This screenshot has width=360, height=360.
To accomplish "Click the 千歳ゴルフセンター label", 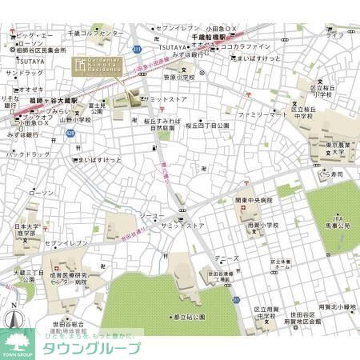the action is coord(96,34).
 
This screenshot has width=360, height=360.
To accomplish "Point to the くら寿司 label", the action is coord(328,173).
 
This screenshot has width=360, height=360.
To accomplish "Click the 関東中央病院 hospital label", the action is coord(254,200).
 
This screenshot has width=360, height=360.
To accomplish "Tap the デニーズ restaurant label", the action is coord(228,259).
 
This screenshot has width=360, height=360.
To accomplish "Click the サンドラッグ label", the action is coord(24,73).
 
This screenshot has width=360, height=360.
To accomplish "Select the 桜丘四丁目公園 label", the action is coord(207,126).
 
